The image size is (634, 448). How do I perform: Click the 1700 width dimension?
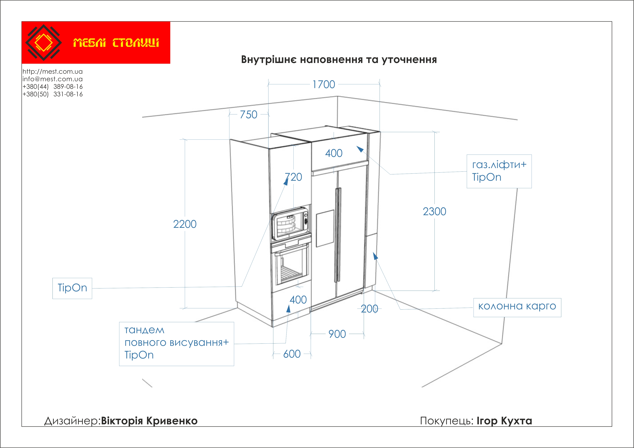[324, 84]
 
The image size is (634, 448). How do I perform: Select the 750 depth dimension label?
[248, 115]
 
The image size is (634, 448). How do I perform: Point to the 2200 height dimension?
[185, 224]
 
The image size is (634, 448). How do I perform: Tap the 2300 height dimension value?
[434, 212]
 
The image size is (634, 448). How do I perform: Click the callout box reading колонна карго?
[517, 307]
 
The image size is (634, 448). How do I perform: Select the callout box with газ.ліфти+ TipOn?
[499, 171]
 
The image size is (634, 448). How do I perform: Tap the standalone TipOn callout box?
[72, 288]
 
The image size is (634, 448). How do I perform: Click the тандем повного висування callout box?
[176, 344]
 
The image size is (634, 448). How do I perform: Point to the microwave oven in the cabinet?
[290, 224]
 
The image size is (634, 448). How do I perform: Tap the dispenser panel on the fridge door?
[325, 228]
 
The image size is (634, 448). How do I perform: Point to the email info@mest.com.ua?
[53, 79]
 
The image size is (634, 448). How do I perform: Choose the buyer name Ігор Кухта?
[504, 421]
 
